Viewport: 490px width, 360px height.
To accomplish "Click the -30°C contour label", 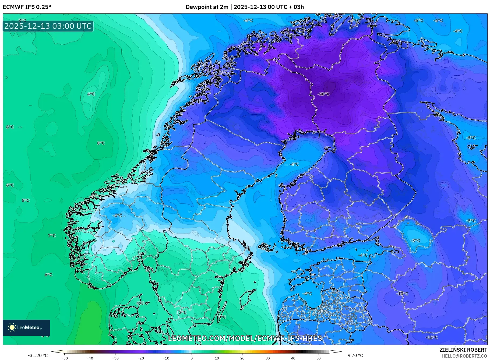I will coord(323,94).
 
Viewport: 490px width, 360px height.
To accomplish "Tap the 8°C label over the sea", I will coord(101,143).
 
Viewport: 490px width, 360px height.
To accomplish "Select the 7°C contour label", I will coord(52,236).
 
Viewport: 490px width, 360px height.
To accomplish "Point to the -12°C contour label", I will coord(432,337).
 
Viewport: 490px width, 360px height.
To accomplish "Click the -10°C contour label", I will coord(403,294).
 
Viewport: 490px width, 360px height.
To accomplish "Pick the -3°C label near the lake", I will coord(415,241).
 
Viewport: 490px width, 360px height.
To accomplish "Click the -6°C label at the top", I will coord(438,20).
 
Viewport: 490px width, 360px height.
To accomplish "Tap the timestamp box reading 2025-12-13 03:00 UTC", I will coord(48,26).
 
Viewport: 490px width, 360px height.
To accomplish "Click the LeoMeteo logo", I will coord(26,327).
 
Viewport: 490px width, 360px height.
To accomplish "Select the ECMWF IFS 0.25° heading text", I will coord(27,7).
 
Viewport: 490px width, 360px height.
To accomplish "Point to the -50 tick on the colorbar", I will coord(65,358).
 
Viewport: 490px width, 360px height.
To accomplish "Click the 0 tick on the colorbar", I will coord(192,358).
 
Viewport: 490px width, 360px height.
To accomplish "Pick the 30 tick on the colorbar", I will coord(268,358).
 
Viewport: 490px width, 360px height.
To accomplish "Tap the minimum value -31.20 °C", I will coord(38,355).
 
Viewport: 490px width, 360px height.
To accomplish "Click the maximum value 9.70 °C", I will coord(355,355).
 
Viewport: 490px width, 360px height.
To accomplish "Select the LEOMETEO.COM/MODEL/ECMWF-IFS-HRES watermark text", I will coord(245,338).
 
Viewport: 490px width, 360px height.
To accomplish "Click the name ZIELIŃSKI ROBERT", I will coord(463,350).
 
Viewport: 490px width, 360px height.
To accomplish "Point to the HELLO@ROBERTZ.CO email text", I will coord(464,356).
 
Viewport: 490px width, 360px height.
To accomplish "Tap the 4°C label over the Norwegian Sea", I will coord(91,94).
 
